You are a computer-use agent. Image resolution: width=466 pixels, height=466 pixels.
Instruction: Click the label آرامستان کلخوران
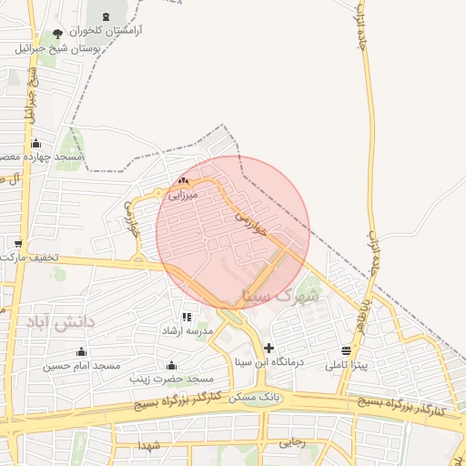point(106,30)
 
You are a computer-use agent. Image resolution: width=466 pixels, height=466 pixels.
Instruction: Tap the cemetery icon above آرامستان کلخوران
point(105,16)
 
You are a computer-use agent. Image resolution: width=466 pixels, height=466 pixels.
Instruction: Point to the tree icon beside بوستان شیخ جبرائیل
point(59,35)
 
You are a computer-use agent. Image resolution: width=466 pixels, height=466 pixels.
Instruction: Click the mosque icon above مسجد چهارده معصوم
point(35,144)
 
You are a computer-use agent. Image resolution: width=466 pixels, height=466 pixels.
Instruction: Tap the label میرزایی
point(182,195)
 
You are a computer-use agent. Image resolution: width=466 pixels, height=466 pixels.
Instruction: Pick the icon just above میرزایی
point(186,181)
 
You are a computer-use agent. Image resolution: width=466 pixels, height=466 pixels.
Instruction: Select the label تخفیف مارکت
point(29,258)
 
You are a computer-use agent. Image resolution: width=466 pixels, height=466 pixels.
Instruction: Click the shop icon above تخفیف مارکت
point(18,244)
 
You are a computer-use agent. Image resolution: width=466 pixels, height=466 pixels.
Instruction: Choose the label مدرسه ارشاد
point(187,331)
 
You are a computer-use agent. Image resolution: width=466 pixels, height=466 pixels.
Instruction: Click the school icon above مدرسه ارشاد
point(186,317)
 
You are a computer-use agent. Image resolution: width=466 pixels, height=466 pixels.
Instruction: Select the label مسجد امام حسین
point(82,366)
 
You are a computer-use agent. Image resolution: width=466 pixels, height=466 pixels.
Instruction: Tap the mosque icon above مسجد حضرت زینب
point(170,364)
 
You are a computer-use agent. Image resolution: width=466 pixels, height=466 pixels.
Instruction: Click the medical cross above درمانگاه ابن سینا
point(268,348)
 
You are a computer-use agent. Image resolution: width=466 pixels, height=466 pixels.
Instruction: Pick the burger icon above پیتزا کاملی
point(347,350)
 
